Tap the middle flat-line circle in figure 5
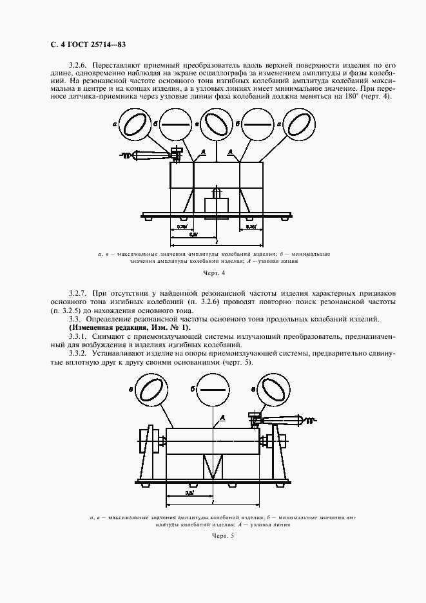click(x=213, y=391)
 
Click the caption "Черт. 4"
click(x=213, y=274)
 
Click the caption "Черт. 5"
click(x=213, y=535)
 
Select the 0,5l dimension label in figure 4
click(x=194, y=235)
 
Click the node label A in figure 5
click(x=223, y=419)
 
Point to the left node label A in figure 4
click(x=203, y=150)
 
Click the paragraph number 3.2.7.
click(x=78, y=294)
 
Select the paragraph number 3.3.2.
click(x=78, y=352)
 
